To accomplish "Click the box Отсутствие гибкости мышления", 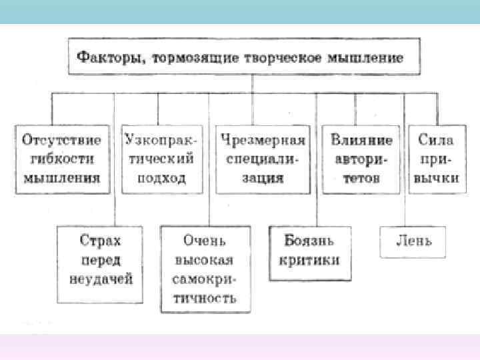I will (x=62, y=159).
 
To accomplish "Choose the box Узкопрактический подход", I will (x=159, y=159).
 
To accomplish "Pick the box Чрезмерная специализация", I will (x=263, y=159).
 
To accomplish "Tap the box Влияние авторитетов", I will (x=361, y=159).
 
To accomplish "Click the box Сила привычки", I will (x=437, y=159).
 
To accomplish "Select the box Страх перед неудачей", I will (x=101, y=259).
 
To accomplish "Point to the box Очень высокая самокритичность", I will (x=205, y=269).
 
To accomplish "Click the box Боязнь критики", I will (x=311, y=250).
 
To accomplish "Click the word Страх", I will (x=101, y=240).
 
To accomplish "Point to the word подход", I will (x=159, y=178).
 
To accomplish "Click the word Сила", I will (x=437, y=140).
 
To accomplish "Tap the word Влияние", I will (x=361, y=140).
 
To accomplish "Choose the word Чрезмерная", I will (x=263, y=140).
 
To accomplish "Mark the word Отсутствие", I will (x=62, y=140).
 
